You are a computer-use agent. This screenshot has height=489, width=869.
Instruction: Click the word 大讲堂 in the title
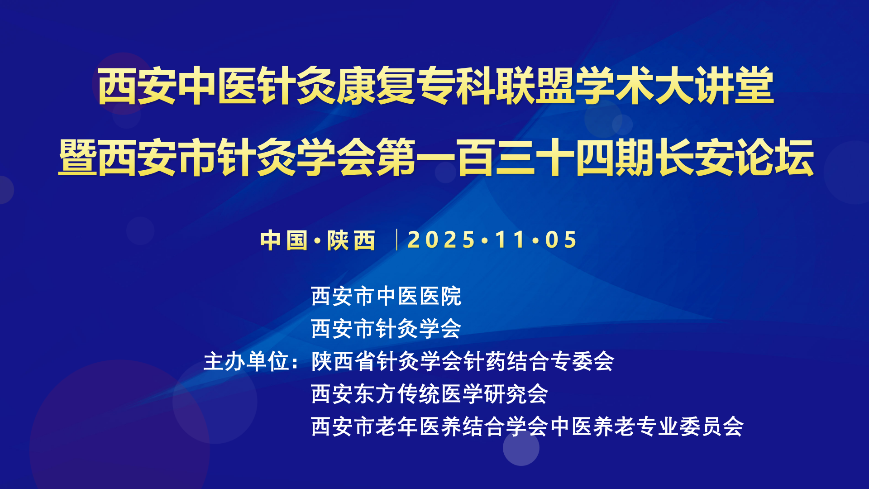pos(715,86)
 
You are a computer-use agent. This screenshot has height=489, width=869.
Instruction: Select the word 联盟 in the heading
pos(535,86)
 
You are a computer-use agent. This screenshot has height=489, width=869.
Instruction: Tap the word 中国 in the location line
pos(284,240)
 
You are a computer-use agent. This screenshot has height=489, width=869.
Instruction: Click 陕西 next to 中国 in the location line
pos(351,240)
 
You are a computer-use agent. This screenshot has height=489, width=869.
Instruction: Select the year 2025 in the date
pos(441,240)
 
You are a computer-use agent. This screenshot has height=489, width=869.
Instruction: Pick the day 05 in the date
pos(561,240)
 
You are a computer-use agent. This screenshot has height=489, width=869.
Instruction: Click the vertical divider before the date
pos(397,240)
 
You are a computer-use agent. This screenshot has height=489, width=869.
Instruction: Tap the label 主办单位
pos(247,362)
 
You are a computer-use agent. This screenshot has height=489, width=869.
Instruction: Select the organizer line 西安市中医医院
pos(387,297)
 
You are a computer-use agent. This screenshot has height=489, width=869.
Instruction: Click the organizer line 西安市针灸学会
pos(387,329)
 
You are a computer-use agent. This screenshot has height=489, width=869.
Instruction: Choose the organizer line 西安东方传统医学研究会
pos(430,394)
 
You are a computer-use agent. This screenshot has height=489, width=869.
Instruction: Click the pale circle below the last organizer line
pos(521,447)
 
